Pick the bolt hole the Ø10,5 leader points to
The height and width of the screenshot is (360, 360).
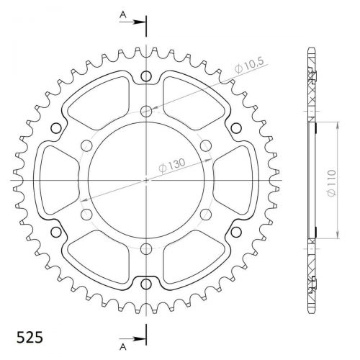point(146,111)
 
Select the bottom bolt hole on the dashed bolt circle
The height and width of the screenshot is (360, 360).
point(146,249)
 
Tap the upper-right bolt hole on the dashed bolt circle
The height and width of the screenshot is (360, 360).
point(206,145)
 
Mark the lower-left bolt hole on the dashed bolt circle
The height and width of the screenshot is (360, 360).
point(86,215)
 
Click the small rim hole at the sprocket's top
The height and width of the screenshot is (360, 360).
point(146,76)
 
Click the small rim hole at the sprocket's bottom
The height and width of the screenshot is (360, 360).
point(146,283)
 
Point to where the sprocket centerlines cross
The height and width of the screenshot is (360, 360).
point(146,180)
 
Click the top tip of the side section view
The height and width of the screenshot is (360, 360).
point(311,49)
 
